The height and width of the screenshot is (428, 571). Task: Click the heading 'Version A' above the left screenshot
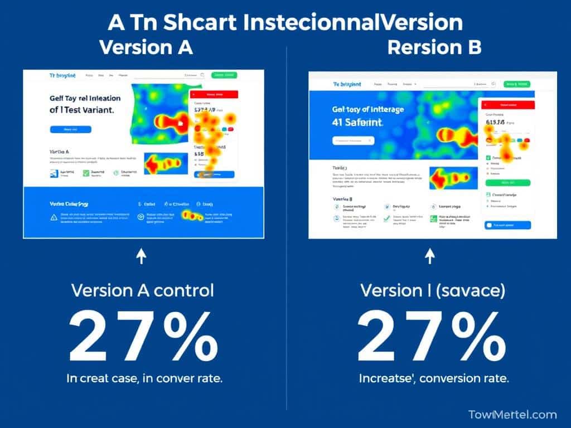pos(146,47)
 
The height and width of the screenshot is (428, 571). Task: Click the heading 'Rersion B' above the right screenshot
pos(434,47)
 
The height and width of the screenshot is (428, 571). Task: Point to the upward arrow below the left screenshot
pos(142,256)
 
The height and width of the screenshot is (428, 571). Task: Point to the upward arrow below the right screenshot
pos(429,256)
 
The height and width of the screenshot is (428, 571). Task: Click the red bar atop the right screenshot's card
pos(506,105)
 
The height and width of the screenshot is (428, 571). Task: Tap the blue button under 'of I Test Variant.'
pos(71,129)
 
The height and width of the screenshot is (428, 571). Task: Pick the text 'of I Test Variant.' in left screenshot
pos(82,110)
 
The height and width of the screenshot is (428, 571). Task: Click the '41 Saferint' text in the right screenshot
pos(358,122)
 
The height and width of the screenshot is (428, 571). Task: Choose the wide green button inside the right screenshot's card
pos(508,182)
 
